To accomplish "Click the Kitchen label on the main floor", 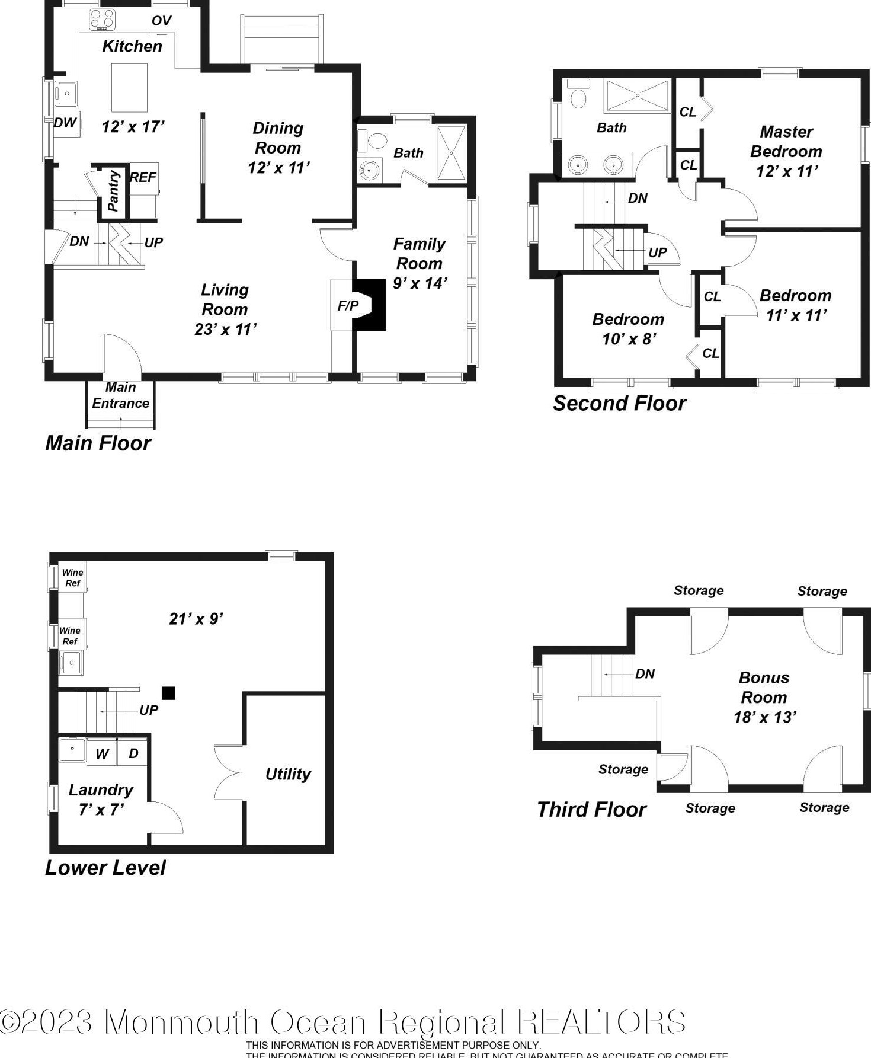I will [132, 46].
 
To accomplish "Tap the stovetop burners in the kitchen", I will [102, 20].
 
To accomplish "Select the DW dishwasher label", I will [65, 123].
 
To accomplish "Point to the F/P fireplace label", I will [348, 306].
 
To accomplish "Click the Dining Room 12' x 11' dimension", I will [278, 168].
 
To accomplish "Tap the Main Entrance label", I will [120, 395].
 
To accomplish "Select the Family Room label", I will [419, 254].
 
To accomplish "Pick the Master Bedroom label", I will [786, 142].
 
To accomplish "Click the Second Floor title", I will [619, 404].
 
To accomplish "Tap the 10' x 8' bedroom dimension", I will [629, 339].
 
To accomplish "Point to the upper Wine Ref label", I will [72, 577].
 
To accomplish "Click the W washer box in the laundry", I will [102, 754].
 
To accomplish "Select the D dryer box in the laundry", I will [133, 753].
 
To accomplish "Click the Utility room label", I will [288, 774].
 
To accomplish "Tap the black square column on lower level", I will [168, 693].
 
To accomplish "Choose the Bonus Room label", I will [764, 688].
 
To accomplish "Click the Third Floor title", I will [591, 810].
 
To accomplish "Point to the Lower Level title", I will [105, 868].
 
